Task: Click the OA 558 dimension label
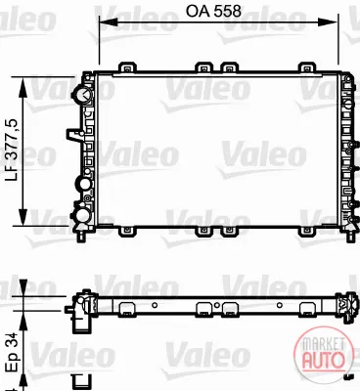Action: tap(213, 11)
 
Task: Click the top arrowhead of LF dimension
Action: tap(22, 87)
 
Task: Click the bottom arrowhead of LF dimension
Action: tap(22, 216)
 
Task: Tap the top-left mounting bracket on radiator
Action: tap(127, 66)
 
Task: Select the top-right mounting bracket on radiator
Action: tap(307, 66)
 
